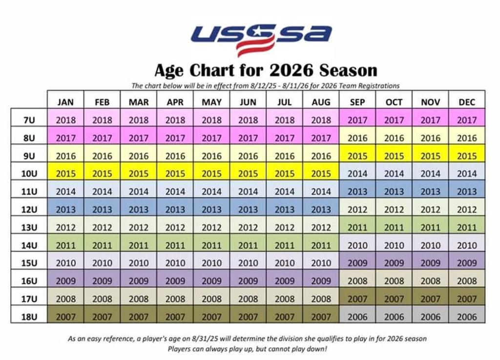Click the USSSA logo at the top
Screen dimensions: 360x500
(261, 38)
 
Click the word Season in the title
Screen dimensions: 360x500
(348, 70)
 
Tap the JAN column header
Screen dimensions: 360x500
(65, 102)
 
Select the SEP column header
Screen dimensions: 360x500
(357, 102)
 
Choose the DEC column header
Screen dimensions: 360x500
(467, 102)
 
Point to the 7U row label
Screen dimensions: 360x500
(29, 120)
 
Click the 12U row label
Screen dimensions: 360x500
(29, 210)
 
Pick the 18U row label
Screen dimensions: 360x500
(29, 317)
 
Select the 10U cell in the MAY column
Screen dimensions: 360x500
(211, 174)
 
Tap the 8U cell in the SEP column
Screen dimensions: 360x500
(357, 138)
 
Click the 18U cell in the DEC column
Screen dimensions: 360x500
(467, 317)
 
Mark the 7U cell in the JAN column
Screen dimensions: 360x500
(65, 120)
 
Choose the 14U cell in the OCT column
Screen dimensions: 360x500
(394, 245)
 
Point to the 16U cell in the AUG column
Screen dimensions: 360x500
(321, 281)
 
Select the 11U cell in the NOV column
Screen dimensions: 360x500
(430, 192)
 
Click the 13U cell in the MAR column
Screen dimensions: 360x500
(139, 227)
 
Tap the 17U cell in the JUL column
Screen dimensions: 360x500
(285, 299)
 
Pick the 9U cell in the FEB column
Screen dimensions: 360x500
(102, 156)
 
